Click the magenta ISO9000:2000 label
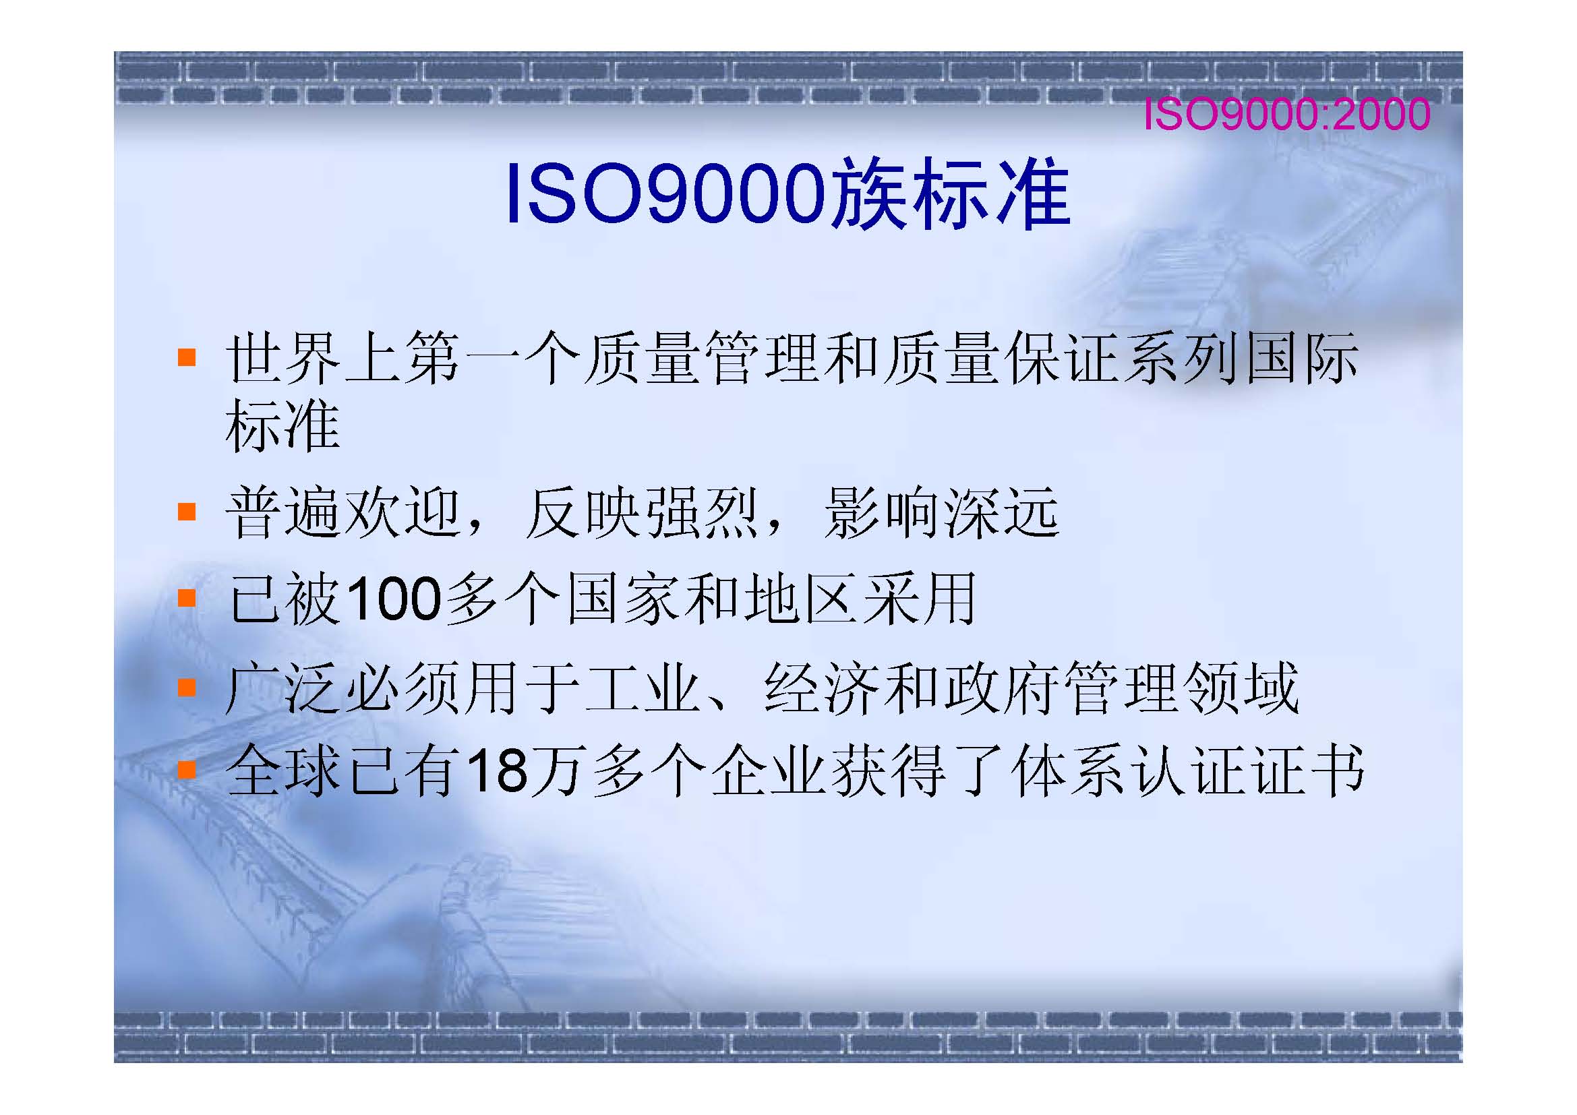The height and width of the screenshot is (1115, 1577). [1286, 114]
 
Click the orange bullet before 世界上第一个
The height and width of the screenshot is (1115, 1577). [187, 357]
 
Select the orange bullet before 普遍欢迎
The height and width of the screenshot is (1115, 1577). [187, 512]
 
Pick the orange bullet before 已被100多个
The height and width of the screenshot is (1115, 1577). [187, 598]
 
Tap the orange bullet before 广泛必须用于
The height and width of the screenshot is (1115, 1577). [187, 686]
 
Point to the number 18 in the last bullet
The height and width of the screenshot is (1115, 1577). [496, 770]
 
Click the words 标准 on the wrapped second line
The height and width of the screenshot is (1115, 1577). [283, 425]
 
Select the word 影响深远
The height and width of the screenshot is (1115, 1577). [942, 512]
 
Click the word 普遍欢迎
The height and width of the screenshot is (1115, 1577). [343, 512]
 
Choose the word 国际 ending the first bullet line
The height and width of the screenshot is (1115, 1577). [1301, 357]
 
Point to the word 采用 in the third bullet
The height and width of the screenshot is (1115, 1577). [919, 599]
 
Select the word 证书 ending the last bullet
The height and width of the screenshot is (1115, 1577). [1308, 770]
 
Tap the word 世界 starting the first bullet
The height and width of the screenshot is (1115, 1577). [282, 357]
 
